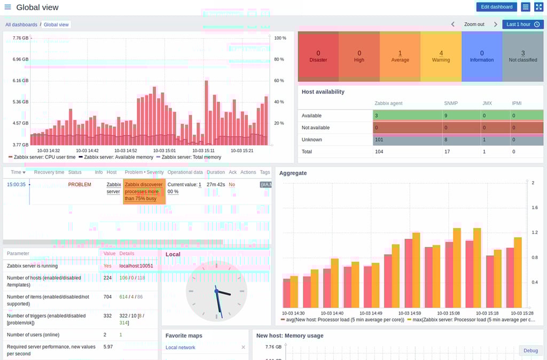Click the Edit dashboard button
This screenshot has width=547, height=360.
click(x=496, y=7)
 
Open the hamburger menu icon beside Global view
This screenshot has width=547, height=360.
click(x=7, y=7)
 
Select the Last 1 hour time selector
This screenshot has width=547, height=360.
click(x=522, y=25)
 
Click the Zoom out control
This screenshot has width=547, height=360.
click(x=474, y=25)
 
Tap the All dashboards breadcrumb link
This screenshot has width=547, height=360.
click(x=21, y=25)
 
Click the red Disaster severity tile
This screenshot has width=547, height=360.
click(x=318, y=57)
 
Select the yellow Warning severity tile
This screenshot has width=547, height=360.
click(x=441, y=57)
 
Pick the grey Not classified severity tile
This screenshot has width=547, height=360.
click(x=522, y=57)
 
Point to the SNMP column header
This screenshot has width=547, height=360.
click(x=451, y=103)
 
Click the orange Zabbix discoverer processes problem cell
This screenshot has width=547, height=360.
click(x=144, y=191)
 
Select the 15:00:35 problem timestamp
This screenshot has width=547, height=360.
click(x=17, y=184)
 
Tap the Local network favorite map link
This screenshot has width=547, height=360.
click(x=181, y=347)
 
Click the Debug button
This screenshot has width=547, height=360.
click(x=530, y=350)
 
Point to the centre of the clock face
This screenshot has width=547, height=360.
click(x=216, y=291)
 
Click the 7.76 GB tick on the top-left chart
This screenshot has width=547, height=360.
click(x=20, y=38)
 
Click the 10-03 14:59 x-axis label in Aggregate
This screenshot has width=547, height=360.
click(x=410, y=313)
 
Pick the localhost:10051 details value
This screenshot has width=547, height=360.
click(x=136, y=265)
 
